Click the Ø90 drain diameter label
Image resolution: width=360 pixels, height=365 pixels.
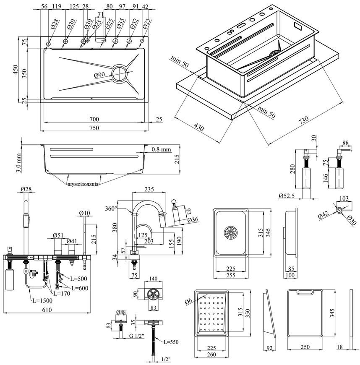pyautogui.click(x=99, y=75)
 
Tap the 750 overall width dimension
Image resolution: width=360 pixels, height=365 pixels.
pyautogui.click(x=94, y=128)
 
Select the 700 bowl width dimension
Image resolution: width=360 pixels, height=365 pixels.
pyautogui.click(x=94, y=119)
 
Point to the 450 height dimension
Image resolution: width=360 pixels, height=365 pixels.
pyautogui.click(x=15, y=70)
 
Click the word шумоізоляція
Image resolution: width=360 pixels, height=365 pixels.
pyautogui.click(x=83, y=184)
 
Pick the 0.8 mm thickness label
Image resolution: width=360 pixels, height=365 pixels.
pyautogui.click(x=162, y=149)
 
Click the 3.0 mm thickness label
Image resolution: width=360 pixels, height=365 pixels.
pyautogui.click(x=19, y=163)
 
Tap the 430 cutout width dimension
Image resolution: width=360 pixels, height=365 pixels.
pyautogui.click(x=198, y=127)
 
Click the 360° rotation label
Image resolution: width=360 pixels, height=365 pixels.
pyautogui.click(x=111, y=209)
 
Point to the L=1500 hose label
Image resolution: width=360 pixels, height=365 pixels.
pyautogui.click(x=42, y=300)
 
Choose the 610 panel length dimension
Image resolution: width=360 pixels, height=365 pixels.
pyautogui.click(x=47, y=310)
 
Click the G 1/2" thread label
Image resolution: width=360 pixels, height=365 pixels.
pyautogui.click(x=137, y=336)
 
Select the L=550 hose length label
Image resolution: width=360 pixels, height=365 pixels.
pyautogui.click(x=171, y=342)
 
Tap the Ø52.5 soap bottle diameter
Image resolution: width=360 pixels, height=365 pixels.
pyautogui.click(x=287, y=196)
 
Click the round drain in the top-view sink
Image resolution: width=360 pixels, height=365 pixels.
pyautogui.click(x=120, y=73)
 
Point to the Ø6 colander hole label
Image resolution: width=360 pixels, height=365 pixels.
pyautogui.click(x=189, y=301)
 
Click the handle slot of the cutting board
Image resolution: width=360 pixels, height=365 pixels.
pyautogui.click(x=305, y=292)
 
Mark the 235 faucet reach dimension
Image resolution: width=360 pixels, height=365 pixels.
pyautogui.click(x=149, y=189)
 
